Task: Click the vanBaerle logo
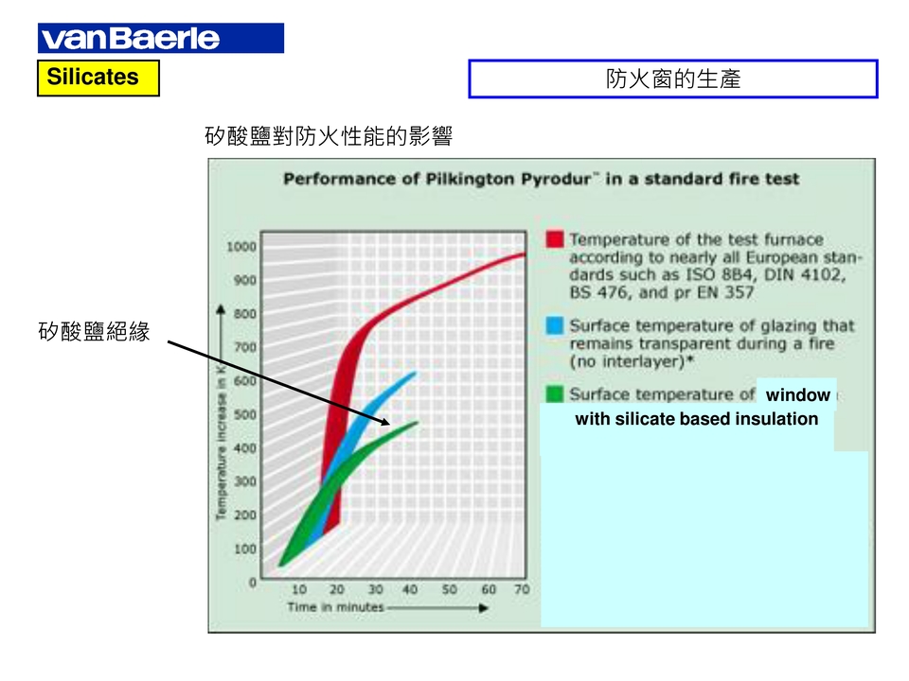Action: [161, 38]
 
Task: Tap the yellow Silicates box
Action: [98, 78]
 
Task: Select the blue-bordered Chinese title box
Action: [673, 79]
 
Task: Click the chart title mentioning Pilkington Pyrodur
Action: [541, 179]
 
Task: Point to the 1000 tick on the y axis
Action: [241, 247]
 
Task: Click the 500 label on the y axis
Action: [244, 414]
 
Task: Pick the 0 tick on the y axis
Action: [252, 582]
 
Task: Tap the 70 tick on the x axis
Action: [522, 589]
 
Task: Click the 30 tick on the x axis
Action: [375, 589]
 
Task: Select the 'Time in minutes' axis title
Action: [335, 607]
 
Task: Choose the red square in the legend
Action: [555, 239]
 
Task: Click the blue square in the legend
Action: [555, 325]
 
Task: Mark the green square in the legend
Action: [555, 393]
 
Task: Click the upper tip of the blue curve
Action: [415, 373]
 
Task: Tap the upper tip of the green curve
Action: [417, 423]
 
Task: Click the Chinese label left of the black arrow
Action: [94, 331]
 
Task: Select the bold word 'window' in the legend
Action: [797, 395]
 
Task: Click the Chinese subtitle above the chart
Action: [329, 136]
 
